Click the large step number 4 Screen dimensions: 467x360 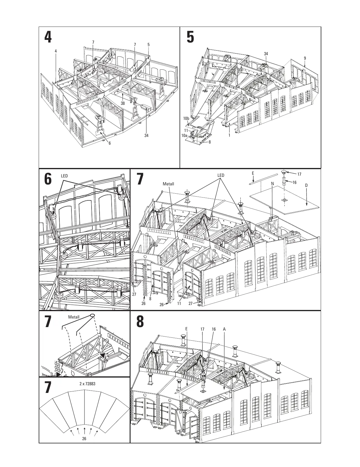(48, 37)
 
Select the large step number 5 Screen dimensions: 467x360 (190, 37)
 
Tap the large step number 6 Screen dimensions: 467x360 (48, 180)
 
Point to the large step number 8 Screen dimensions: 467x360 (140, 322)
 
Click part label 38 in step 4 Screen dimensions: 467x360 (123, 103)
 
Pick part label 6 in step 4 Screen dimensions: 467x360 (110, 143)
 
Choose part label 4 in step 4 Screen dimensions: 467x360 (56, 51)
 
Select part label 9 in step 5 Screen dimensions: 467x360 (305, 58)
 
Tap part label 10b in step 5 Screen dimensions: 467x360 (186, 118)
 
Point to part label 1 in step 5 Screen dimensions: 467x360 (229, 135)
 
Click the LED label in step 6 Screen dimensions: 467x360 (64, 176)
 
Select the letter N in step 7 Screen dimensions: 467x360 (272, 184)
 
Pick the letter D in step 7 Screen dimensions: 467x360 (306, 185)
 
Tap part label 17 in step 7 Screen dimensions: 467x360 (299, 174)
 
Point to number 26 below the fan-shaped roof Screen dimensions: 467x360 (84, 439)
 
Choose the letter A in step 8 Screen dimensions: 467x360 (224, 329)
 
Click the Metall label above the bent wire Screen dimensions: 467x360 (74, 317)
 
